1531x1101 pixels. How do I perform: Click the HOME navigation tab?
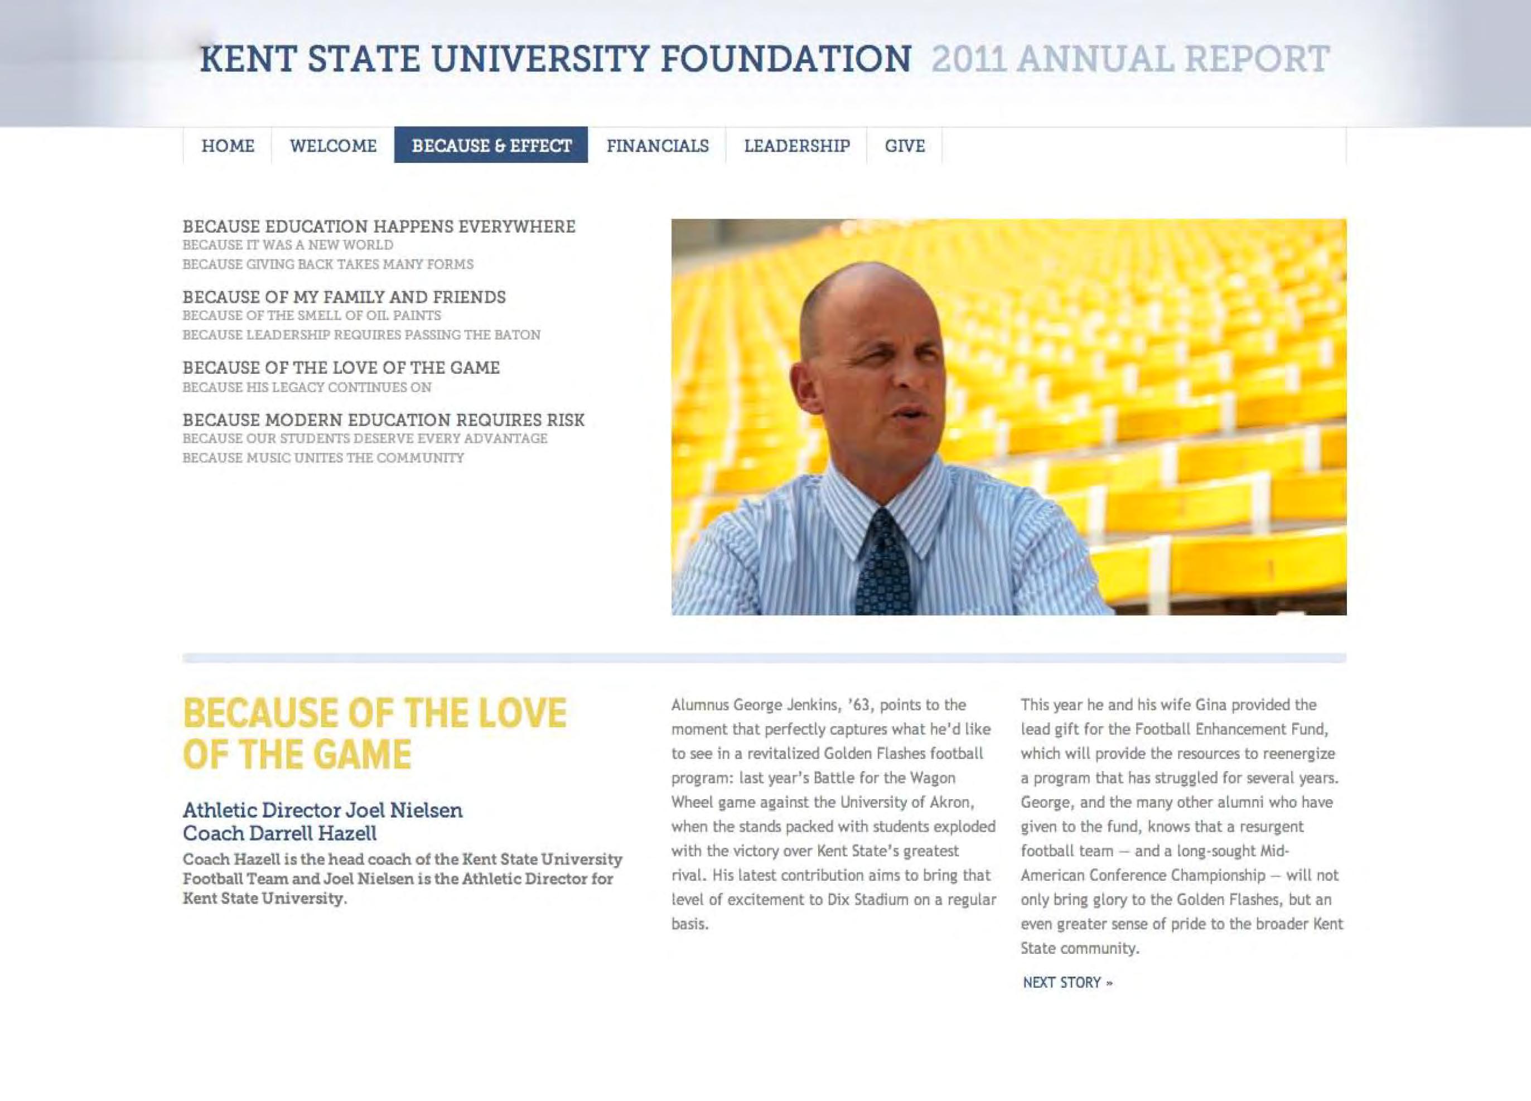[228, 146]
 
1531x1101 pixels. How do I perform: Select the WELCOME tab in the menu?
[333, 146]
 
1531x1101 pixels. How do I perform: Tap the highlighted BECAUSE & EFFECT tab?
[491, 146]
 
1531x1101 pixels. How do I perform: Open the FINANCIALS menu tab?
[657, 146]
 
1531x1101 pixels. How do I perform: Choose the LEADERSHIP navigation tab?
[796, 146]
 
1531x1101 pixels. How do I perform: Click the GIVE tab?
[905, 146]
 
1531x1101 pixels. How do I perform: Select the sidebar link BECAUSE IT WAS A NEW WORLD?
[288, 245]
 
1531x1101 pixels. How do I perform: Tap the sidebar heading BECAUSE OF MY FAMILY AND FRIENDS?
[344, 297]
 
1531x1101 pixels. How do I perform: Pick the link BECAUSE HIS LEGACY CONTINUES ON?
[306, 388]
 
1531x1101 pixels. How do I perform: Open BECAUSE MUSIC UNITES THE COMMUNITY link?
[323, 458]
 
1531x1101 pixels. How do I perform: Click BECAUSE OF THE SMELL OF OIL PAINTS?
[311, 316]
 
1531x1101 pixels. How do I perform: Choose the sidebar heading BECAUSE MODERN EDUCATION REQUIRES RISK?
[383, 420]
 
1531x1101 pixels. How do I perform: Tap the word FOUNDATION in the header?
[785, 60]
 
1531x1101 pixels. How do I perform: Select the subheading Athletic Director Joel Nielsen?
[323, 809]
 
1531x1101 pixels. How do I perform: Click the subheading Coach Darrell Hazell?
[279, 833]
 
